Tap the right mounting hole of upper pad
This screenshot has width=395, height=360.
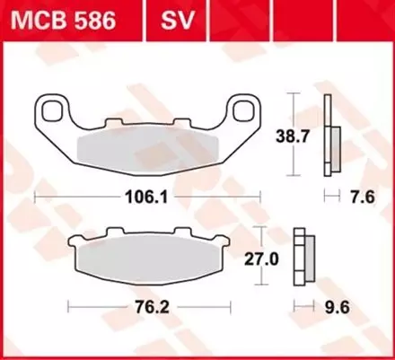point(246,111)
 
